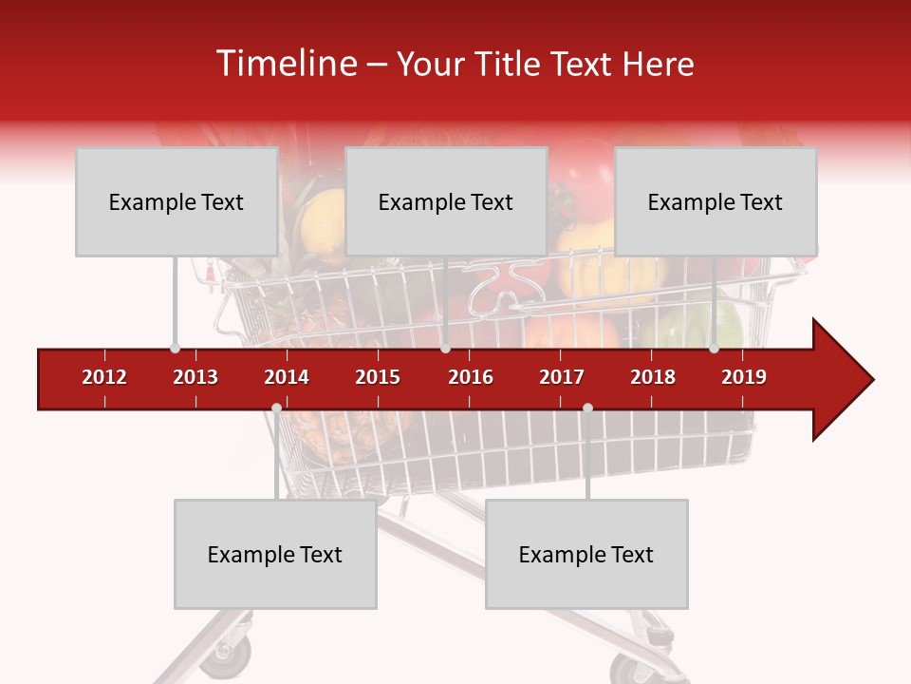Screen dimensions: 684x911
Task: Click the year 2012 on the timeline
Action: tap(104, 377)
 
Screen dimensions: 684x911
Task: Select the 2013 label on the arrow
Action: tap(195, 377)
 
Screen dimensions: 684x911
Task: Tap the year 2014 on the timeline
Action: tap(287, 377)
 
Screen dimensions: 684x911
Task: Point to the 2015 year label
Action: tap(378, 377)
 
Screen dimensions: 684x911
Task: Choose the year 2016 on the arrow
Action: tap(471, 377)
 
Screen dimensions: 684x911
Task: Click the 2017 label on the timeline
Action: tap(562, 377)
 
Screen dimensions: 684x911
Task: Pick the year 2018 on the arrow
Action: tap(653, 377)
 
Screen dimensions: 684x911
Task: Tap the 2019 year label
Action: tap(744, 377)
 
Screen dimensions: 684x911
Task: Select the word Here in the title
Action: tap(658, 64)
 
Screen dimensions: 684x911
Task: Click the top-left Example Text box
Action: tap(177, 201)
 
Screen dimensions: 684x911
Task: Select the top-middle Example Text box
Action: tap(446, 201)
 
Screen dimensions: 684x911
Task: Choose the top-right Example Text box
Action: tap(716, 201)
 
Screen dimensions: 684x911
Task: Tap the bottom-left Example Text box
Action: tap(275, 554)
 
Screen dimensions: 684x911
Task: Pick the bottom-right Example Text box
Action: tap(586, 554)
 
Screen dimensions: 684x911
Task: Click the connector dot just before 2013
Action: tap(175, 348)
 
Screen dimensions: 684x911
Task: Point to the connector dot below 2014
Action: tap(276, 408)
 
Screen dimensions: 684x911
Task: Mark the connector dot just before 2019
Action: tap(714, 348)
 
